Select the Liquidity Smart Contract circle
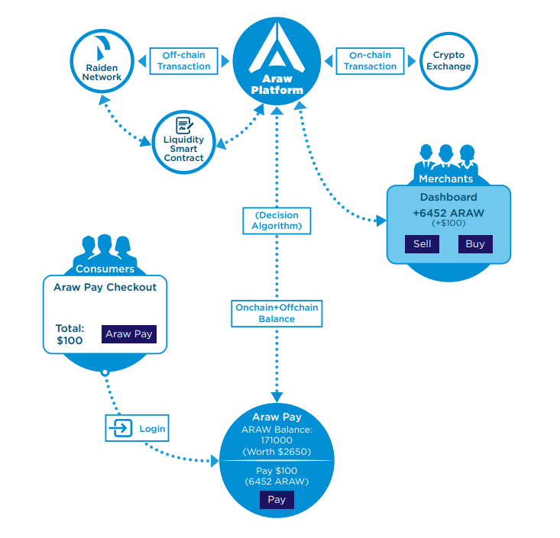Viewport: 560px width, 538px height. coord(183,142)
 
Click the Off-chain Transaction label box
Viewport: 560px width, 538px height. coord(184,61)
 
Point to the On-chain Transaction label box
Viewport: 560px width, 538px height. coord(370,61)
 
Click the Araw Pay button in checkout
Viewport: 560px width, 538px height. coord(128,334)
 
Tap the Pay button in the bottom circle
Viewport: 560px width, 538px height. coord(277,500)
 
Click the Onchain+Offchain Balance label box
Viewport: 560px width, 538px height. coord(277,313)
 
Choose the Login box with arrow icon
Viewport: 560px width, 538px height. coord(135,429)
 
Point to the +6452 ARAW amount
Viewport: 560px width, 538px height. coord(448,213)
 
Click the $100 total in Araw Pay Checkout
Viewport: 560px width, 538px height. coord(70,340)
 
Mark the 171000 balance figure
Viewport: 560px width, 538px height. coord(277,441)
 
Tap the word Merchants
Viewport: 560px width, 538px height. coord(446,179)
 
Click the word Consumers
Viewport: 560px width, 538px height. coord(105,269)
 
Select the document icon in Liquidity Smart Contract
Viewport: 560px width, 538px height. coord(183,125)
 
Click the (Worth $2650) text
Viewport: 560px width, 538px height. coord(277,453)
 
